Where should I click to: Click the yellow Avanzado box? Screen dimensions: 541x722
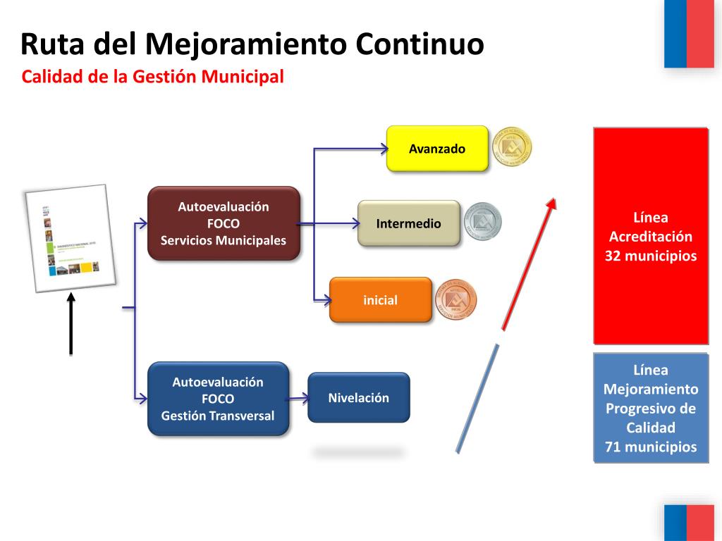[x=437, y=149]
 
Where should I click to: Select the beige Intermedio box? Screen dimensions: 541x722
[x=409, y=223]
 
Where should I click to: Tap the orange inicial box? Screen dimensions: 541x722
[x=381, y=300]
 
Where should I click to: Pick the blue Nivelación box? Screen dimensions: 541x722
[x=359, y=397]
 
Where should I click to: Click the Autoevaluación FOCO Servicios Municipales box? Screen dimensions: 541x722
[x=224, y=223]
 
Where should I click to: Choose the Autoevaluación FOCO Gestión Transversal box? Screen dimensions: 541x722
[x=218, y=399]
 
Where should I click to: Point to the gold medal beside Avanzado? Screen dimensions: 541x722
[x=511, y=148]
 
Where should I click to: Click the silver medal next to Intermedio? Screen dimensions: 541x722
[x=482, y=223]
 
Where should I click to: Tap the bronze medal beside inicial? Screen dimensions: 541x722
[x=455, y=299]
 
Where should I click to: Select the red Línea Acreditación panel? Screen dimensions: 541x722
[x=650, y=236]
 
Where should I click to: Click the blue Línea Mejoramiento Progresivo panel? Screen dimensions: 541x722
[x=650, y=408]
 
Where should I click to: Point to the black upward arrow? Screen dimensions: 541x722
[x=71, y=324]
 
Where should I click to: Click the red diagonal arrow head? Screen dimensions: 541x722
[x=552, y=205]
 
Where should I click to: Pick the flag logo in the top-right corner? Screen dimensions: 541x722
[x=689, y=34]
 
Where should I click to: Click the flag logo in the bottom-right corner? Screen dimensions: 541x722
[x=689, y=522]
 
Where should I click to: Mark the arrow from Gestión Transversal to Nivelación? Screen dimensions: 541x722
[x=299, y=399]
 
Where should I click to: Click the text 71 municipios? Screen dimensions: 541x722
[x=650, y=447]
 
